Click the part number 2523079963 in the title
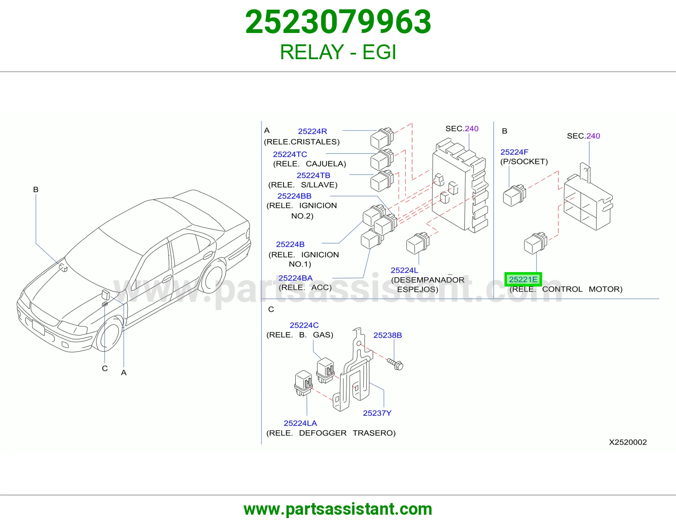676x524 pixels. [338, 22]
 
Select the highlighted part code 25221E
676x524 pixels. [523, 279]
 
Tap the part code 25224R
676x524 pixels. [312, 131]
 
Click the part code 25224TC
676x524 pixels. [290, 154]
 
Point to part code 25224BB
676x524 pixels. [294, 196]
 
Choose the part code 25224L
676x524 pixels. [404, 270]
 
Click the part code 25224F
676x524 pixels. [514, 152]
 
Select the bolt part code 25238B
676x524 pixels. [387, 335]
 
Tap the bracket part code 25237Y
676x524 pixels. [377, 413]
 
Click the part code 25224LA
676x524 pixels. [300, 423]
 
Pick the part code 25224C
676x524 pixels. [304, 325]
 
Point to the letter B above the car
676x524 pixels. [36, 189]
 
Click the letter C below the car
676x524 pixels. [105, 368]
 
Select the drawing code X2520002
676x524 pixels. [628, 442]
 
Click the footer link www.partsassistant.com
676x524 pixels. [338, 509]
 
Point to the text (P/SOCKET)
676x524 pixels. [524, 162]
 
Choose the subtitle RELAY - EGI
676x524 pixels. [338, 52]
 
